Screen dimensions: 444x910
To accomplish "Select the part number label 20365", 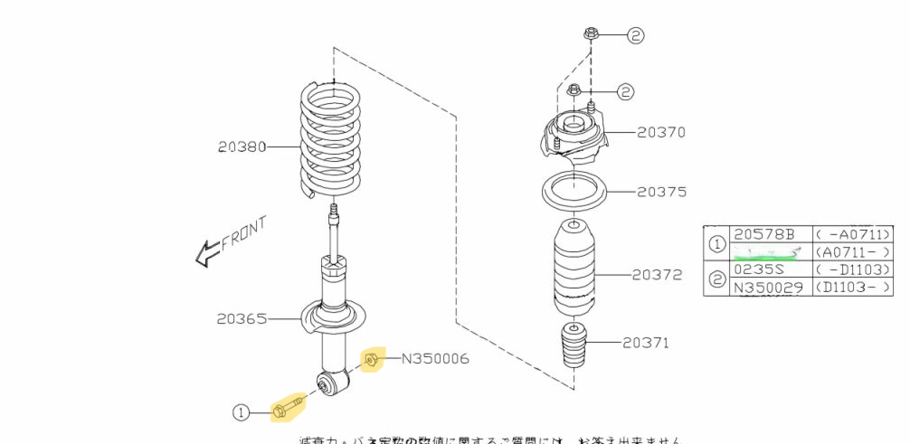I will click(x=242, y=317).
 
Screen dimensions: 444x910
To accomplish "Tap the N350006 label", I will click(x=435, y=360).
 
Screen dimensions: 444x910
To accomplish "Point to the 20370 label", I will click(x=660, y=132).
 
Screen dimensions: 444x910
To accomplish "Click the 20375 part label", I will click(x=660, y=192).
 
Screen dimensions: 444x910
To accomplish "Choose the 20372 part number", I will click(x=657, y=274).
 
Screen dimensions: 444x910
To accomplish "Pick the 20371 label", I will click(x=646, y=342).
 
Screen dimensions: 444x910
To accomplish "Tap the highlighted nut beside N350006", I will click(x=371, y=361).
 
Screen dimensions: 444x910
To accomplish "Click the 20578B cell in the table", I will click(x=764, y=234).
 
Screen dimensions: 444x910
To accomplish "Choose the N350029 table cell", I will click(x=768, y=288).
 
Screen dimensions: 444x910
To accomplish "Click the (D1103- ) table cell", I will click(x=854, y=288).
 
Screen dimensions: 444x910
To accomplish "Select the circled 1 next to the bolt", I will click(x=240, y=412).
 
